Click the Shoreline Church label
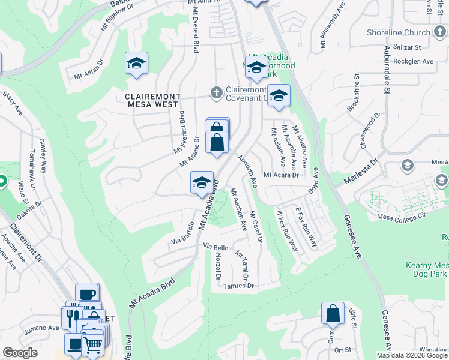401,33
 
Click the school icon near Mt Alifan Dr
137,63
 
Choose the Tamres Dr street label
238,286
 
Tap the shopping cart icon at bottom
92,345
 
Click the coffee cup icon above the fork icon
88,294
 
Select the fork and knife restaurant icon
71,317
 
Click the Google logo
20,353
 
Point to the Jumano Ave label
41,328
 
